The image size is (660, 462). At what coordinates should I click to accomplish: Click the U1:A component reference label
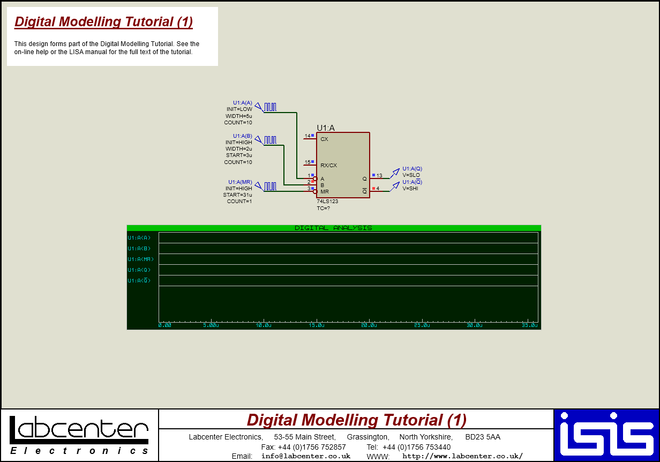coord(325,128)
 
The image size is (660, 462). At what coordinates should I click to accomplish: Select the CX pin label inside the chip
coord(324,139)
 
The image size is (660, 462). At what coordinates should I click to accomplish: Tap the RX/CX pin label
coord(328,166)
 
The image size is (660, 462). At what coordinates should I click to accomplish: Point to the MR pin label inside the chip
coord(325,191)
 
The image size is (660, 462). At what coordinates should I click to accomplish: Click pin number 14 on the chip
coord(307,136)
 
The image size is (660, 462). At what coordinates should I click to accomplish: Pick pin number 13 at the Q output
coord(379,176)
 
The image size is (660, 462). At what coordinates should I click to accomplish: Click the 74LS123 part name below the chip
coord(327,202)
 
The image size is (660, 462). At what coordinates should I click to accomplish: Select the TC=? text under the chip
coord(323,208)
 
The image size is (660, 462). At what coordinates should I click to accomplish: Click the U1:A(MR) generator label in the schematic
coord(240,182)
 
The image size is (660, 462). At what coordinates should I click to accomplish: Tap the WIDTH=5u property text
coord(238,116)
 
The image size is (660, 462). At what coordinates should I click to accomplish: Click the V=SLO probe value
coord(411,175)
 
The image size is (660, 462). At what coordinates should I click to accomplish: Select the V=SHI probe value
coord(410,189)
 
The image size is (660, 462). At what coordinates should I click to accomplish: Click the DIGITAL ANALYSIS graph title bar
coord(333,228)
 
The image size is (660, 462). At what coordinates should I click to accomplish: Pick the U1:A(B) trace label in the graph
coord(139,249)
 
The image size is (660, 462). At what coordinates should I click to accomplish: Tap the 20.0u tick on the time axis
coord(369,325)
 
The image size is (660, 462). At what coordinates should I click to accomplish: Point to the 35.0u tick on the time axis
coord(529,325)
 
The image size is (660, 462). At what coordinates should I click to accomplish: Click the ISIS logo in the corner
coord(606,435)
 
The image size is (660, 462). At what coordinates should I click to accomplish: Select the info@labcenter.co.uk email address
coord(305,456)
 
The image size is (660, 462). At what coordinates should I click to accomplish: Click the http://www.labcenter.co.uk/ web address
coord(462,456)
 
